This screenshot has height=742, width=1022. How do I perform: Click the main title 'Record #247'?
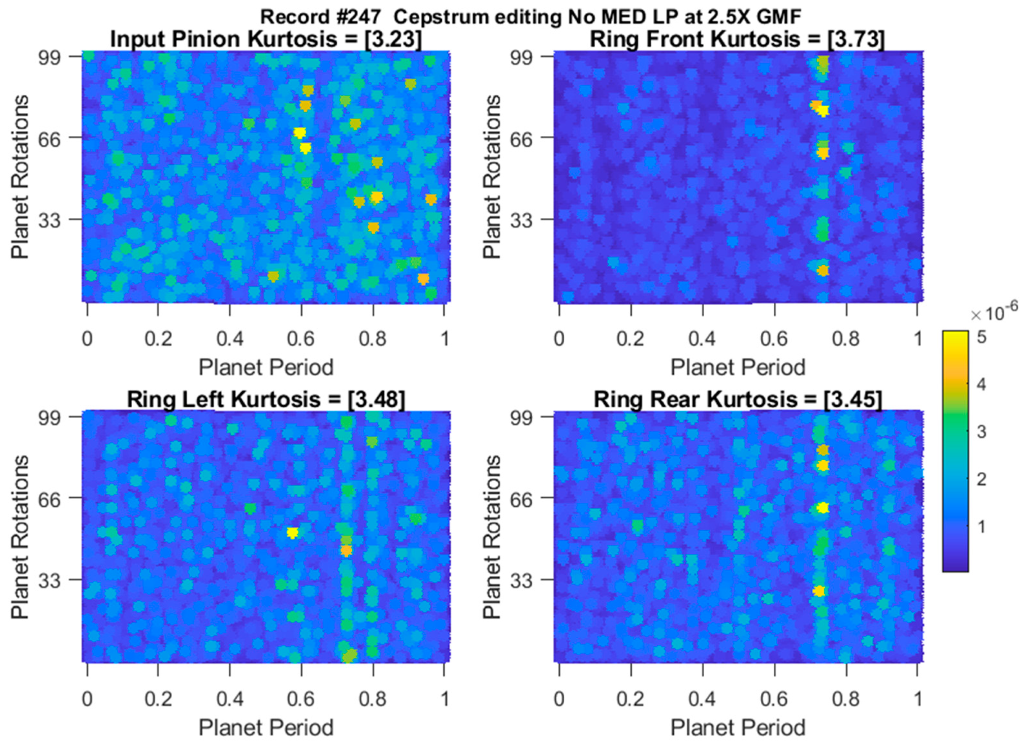[x=321, y=17]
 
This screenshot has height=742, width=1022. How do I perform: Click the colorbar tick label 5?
[x=981, y=337]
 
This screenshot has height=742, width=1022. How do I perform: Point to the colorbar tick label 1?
[x=981, y=526]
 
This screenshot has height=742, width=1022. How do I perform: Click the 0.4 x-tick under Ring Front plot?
[x=702, y=339]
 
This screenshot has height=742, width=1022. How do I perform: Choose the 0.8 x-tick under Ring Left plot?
[x=373, y=699]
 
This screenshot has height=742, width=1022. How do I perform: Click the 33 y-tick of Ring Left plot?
[x=49, y=580]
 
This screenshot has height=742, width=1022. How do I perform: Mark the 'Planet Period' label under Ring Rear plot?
[x=737, y=727]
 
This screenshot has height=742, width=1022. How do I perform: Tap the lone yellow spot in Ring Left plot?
[x=292, y=533]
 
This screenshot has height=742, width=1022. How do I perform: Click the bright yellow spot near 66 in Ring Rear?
[x=823, y=508]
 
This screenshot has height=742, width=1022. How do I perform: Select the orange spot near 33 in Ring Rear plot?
[x=818, y=591]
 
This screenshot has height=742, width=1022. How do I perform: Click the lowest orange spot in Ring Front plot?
[x=823, y=271]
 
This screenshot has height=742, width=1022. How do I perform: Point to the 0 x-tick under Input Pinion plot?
[x=88, y=339]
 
